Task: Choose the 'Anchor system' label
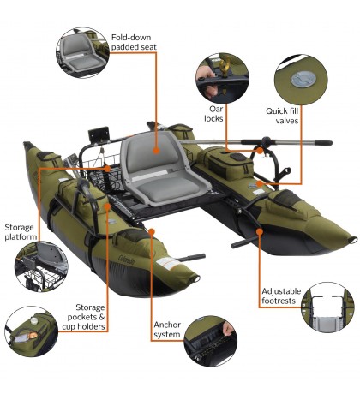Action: click(x=166, y=330)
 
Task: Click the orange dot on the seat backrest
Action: click(x=157, y=149)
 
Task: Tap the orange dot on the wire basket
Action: click(x=105, y=170)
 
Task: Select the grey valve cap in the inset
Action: click(x=299, y=78)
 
